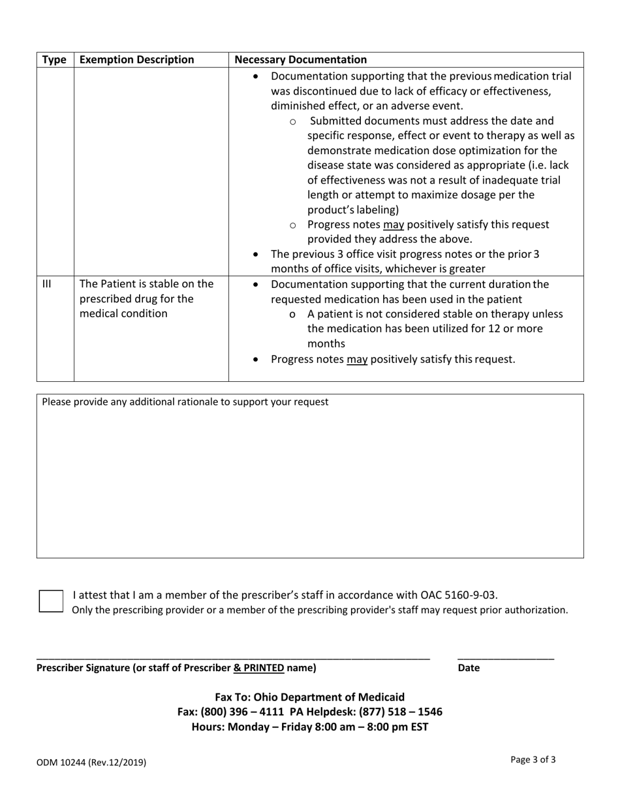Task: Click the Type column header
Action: tap(55, 60)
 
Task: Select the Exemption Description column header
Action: tap(136, 60)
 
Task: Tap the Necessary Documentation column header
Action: tap(300, 60)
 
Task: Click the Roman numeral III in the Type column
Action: tap(46, 284)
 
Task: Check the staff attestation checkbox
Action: tap(51, 601)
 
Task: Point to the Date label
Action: tap(469, 668)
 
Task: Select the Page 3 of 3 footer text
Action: tap(533, 759)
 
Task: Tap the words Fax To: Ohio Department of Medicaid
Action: tap(309, 697)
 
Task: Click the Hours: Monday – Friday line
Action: tap(309, 726)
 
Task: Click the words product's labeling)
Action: tap(353, 210)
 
